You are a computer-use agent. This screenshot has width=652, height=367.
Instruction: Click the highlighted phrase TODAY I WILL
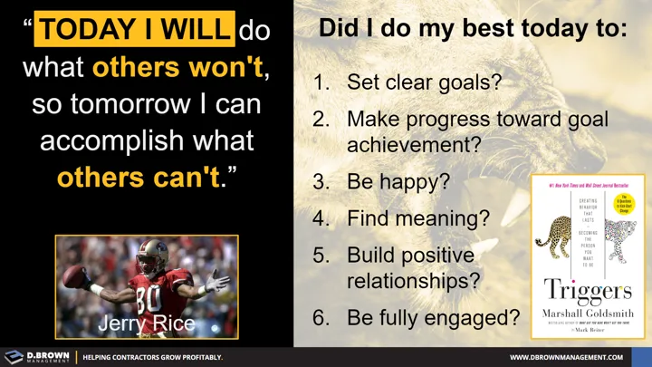coord(134,30)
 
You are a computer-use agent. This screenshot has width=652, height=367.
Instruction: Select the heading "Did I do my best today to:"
coord(473,28)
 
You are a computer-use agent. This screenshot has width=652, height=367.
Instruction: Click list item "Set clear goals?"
coord(423,82)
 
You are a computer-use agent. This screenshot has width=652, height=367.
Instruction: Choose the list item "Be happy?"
coord(398,180)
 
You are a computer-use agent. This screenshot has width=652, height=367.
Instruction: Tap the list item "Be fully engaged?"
coord(433,317)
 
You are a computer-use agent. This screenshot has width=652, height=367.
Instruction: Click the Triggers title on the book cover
coord(587,289)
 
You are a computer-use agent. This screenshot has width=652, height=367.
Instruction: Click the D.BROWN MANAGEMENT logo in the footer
coord(36,356)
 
